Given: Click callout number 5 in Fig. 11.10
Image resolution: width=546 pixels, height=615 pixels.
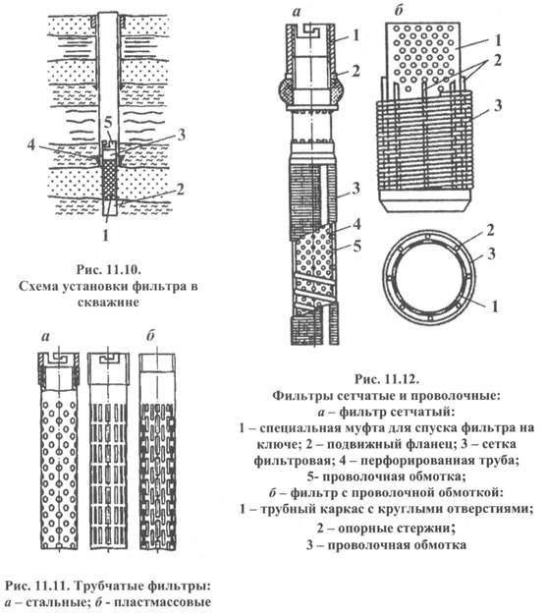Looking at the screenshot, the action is tap(108, 123).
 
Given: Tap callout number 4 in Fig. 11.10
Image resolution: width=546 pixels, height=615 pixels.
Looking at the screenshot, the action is tap(31, 145).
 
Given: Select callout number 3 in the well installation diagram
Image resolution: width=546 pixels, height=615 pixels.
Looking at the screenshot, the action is tap(181, 136).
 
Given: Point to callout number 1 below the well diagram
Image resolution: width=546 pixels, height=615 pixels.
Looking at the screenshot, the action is tap(105, 235).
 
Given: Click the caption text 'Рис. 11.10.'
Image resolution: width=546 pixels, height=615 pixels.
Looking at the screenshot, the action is tap(109, 270).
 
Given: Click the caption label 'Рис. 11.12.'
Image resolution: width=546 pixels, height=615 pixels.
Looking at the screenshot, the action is tap(387, 379).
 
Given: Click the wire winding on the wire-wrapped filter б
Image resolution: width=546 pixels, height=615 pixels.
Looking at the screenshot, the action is tap(425, 145).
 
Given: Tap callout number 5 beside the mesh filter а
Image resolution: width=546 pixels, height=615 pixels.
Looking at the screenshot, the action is tap(356, 247).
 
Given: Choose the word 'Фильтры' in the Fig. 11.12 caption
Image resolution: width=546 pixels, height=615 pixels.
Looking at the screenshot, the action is tap(299, 396).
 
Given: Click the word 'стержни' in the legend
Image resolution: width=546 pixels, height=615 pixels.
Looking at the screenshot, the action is tap(422, 529).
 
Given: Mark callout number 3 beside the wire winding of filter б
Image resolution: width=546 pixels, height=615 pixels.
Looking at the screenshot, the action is tap(498, 105).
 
